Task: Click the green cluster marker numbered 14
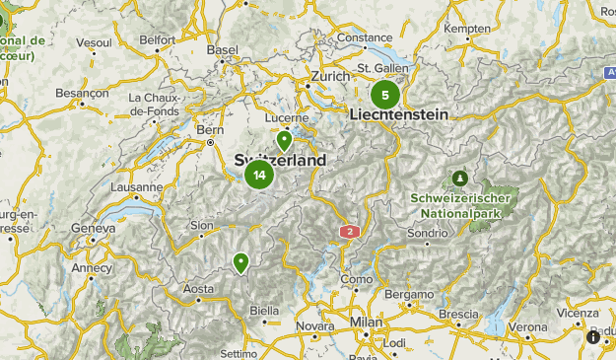[259, 176]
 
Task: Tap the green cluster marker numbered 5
[384, 96]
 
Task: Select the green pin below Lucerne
[284, 140]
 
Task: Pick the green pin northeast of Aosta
[240, 262]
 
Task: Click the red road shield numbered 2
[349, 231]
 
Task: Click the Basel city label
[223, 50]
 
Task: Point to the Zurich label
[329, 76]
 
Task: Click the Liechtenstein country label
[399, 114]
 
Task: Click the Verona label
[527, 326]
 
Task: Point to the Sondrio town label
[427, 234]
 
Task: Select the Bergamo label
[410, 295]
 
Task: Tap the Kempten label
[467, 29]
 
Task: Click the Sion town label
[201, 226]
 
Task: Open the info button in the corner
[593, 337]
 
